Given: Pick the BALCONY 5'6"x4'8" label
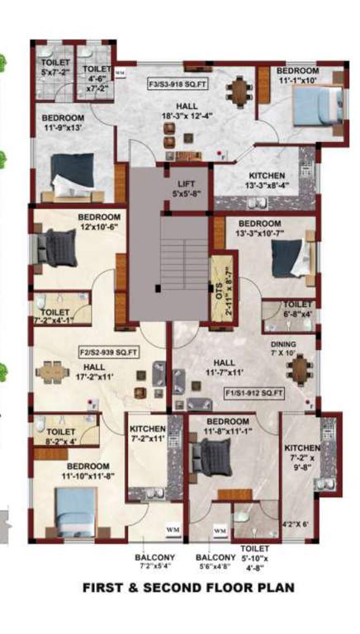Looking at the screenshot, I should pos(213,561).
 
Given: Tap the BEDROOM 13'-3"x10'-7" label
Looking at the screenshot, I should pos(259,228).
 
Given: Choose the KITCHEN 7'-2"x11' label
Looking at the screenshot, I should pos(148,434).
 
